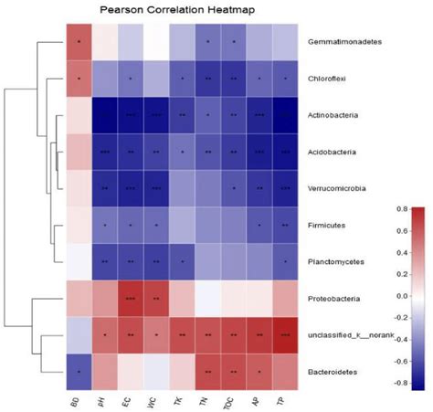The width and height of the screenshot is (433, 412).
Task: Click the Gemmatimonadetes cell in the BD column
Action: (81, 42)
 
